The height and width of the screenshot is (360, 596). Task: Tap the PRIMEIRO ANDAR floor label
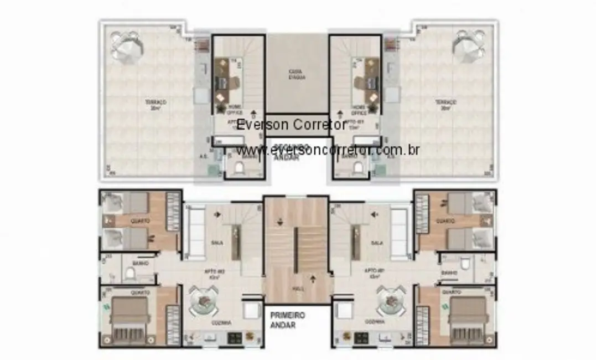tap(288, 320)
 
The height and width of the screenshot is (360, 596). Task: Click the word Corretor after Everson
tap(320, 125)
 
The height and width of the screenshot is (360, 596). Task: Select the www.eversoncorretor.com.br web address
tap(328, 150)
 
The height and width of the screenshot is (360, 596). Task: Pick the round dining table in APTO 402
tap(205, 301)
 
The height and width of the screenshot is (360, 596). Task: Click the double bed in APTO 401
tap(468, 320)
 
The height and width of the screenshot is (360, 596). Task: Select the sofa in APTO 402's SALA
tap(194, 233)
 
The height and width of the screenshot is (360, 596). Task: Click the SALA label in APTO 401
tap(377, 243)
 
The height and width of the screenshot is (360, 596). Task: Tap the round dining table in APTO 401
tap(392, 301)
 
